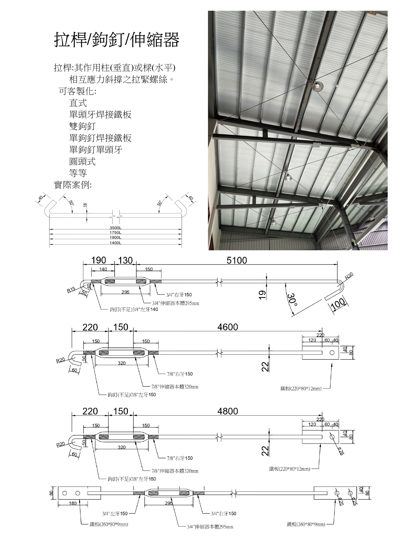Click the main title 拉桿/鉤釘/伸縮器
coord(117,39)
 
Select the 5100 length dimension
coord(237,260)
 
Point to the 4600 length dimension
coord(228,327)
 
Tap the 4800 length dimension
coord(228,411)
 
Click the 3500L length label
coord(116,227)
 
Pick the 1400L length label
coord(116,243)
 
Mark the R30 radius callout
coord(349,276)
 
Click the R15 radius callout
coord(71,290)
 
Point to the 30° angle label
coord(292,299)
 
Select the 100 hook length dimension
coord(338,303)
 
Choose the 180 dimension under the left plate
coord(73,503)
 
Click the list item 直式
coord(78,103)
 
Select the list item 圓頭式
coord(82,161)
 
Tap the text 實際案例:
coord(73,185)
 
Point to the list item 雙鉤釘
coord(82,126)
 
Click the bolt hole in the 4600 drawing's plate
coord(332,353)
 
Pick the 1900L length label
coord(116,238)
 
